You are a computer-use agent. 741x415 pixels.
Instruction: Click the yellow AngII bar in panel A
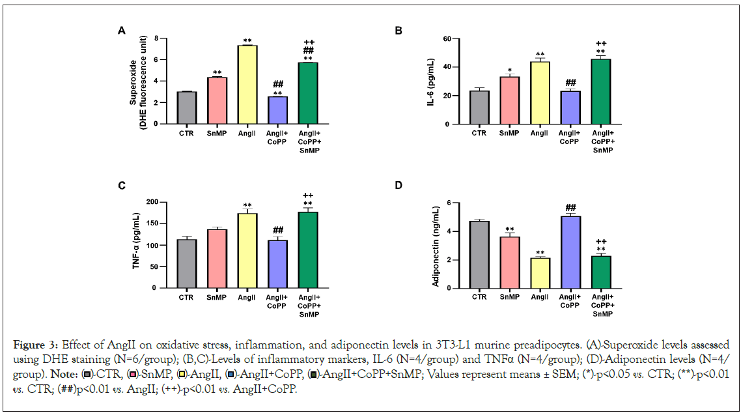(x=247, y=85)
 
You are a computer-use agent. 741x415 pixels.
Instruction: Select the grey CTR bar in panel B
(x=479, y=107)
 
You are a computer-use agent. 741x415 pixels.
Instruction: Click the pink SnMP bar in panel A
(x=217, y=101)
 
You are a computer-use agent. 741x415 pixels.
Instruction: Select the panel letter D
(x=400, y=186)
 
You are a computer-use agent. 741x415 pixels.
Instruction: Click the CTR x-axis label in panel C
(x=187, y=298)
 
